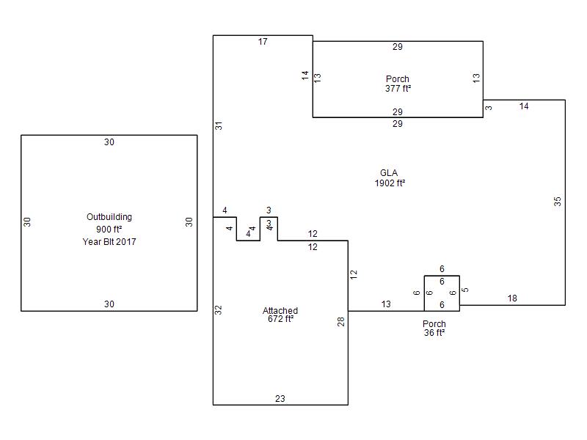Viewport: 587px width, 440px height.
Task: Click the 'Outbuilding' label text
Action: click(109, 217)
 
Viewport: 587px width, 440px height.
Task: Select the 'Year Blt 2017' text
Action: click(109, 242)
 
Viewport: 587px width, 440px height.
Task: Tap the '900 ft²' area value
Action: click(109, 229)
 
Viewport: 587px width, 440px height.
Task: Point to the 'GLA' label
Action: click(389, 173)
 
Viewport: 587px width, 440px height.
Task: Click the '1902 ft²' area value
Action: click(390, 183)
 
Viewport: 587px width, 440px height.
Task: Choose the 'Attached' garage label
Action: click(280, 310)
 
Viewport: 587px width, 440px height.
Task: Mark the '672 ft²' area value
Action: click(281, 319)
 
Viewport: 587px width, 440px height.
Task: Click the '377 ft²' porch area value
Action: click(398, 89)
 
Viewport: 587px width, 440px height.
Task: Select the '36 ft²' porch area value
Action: click(434, 333)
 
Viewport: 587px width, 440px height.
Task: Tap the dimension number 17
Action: click(263, 42)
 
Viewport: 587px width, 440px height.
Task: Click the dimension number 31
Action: click(219, 125)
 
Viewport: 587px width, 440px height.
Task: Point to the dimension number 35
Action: click(558, 201)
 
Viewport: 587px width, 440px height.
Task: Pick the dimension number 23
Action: click(280, 399)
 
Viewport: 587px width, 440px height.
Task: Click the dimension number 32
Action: click(218, 309)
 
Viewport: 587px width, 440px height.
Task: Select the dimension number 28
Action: click(340, 321)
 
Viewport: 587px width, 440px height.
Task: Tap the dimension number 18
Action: click(512, 298)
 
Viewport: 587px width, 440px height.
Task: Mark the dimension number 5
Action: click(465, 290)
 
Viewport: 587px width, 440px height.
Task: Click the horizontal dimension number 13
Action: click(386, 304)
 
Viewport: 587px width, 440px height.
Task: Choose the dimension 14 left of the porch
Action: click(305, 76)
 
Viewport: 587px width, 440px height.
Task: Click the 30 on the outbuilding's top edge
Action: click(109, 142)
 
